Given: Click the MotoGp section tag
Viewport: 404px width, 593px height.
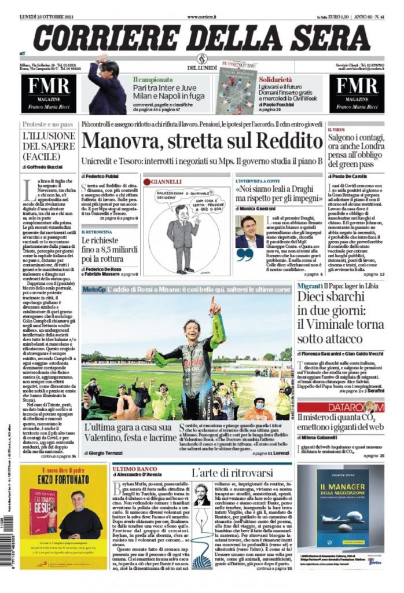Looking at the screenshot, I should tap(94, 288).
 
